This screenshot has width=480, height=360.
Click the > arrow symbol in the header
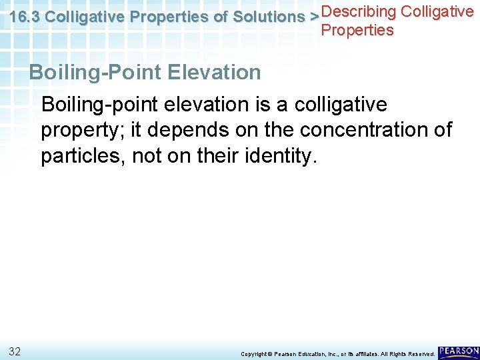tap(315, 18)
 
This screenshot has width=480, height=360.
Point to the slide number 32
tap(15, 351)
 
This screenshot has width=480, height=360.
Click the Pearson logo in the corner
tap(459, 351)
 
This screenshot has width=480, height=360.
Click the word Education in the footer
tap(308, 354)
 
